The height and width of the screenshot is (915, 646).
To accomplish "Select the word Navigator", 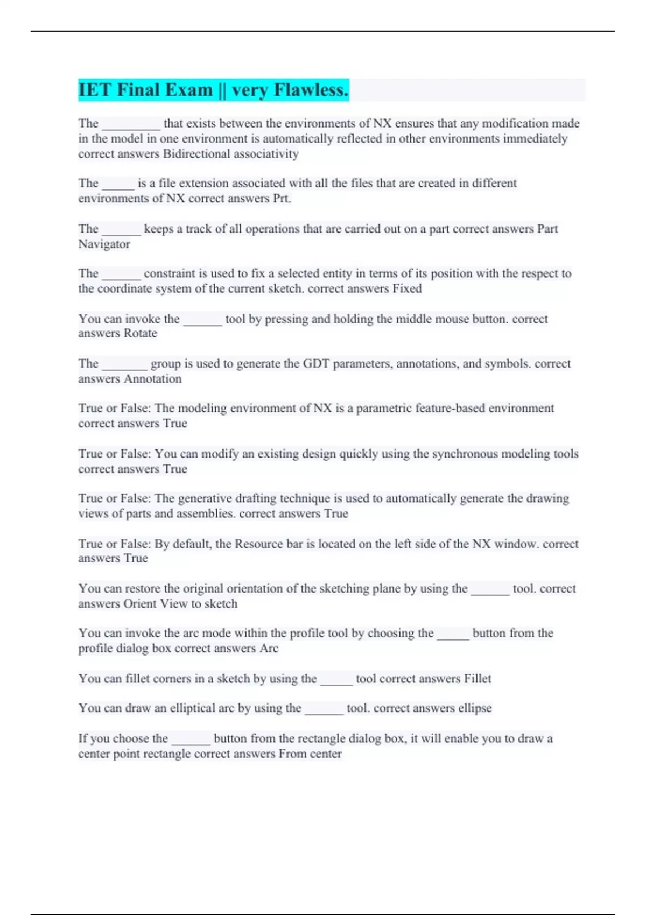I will coord(104,244).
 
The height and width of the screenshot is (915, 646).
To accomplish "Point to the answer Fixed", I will coord(407,289).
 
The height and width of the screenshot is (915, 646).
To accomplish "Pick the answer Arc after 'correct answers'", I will coord(269,649).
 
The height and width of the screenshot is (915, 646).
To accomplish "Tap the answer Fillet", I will coord(478,679).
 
